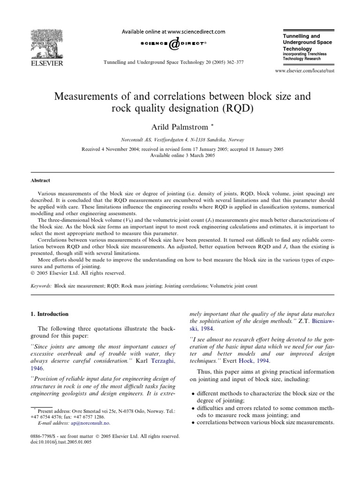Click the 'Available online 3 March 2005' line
[180, 155]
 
